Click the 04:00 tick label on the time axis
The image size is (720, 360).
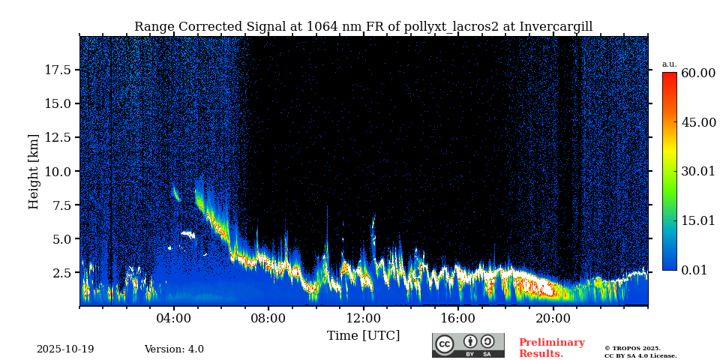[173, 318]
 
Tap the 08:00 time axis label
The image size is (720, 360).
[268, 318]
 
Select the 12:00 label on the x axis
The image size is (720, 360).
[363, 318]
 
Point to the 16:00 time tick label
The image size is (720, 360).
[458, 318]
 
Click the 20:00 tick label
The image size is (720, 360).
[553, 318]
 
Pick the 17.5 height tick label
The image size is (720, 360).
[58, 70]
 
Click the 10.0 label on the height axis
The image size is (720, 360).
[58, 172]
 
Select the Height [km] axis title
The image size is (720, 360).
[34, 172]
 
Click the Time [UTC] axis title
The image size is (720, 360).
[363, 335]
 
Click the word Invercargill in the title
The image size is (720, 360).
[554, 27]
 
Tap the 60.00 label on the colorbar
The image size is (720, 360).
[697, 73]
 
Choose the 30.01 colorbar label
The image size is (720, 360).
[697, 172]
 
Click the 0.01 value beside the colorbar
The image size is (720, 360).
[694, 270]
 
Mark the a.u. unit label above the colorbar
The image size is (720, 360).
[669, 64]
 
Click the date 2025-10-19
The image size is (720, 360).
[65, 349]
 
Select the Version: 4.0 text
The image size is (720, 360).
[174, 349]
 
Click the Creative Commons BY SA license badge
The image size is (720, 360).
[468, 345]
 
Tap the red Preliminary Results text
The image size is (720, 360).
[551, 348]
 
